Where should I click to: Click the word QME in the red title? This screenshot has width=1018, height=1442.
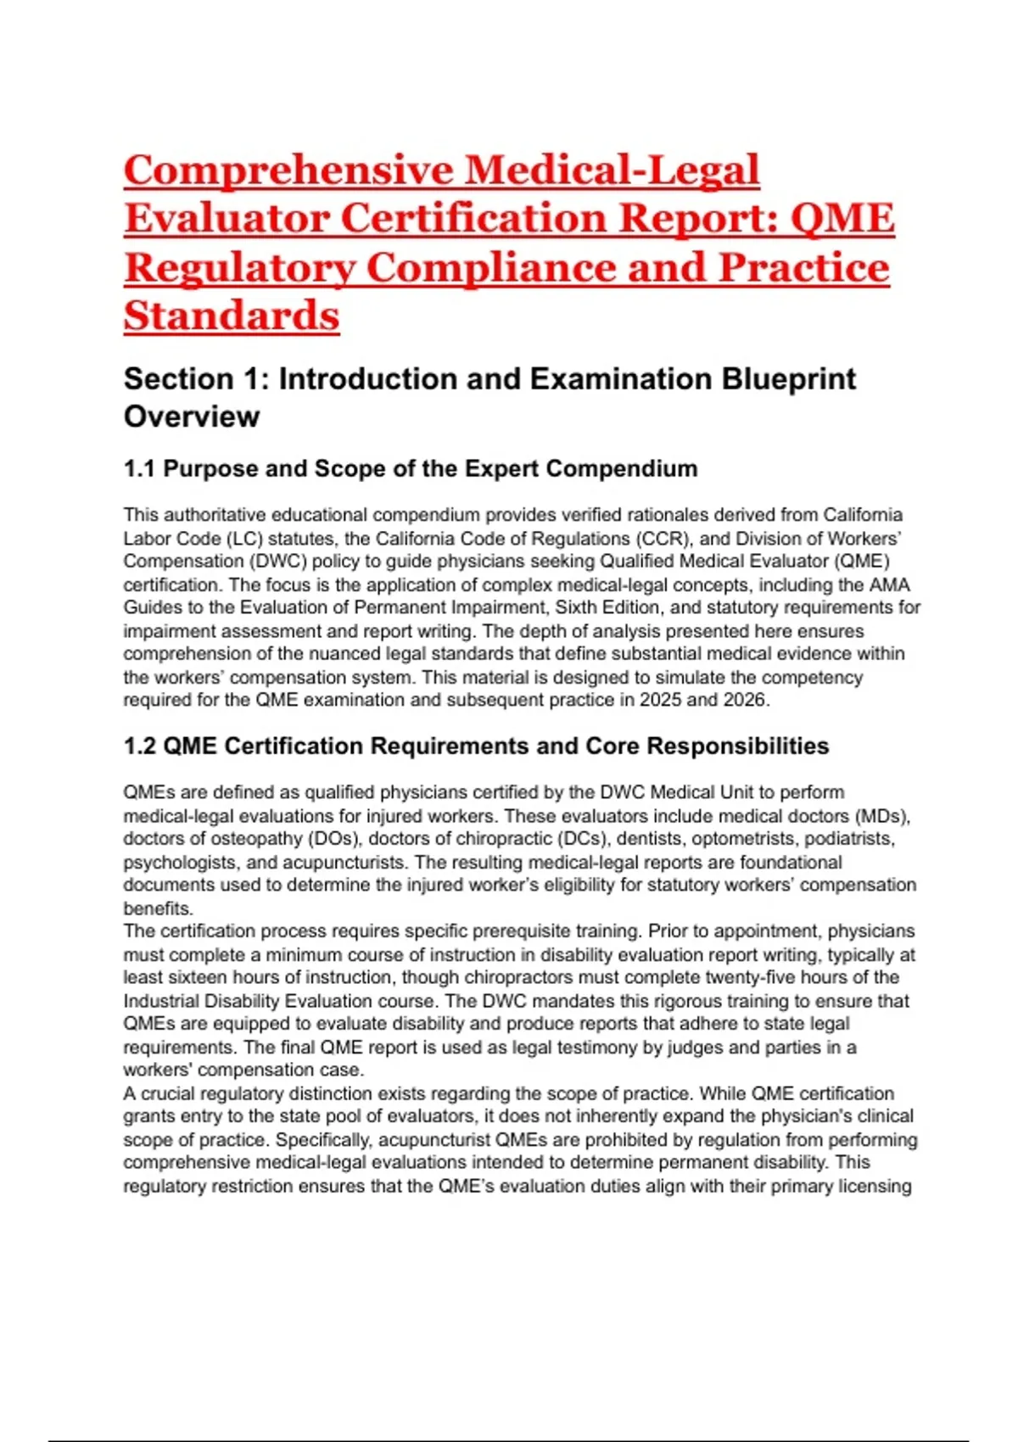[x=842, y=218]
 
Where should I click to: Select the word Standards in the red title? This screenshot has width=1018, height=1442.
[x=232, y=316]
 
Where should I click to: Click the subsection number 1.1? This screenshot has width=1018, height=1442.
[x=139, y=468]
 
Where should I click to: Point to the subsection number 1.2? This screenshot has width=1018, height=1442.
[x=139, y=746]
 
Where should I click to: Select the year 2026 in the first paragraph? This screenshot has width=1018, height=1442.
[x=744, y=700]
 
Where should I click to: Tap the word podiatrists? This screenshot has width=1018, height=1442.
[x=849, y=839]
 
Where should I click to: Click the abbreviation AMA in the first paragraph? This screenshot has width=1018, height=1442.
[x=890, y=584]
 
